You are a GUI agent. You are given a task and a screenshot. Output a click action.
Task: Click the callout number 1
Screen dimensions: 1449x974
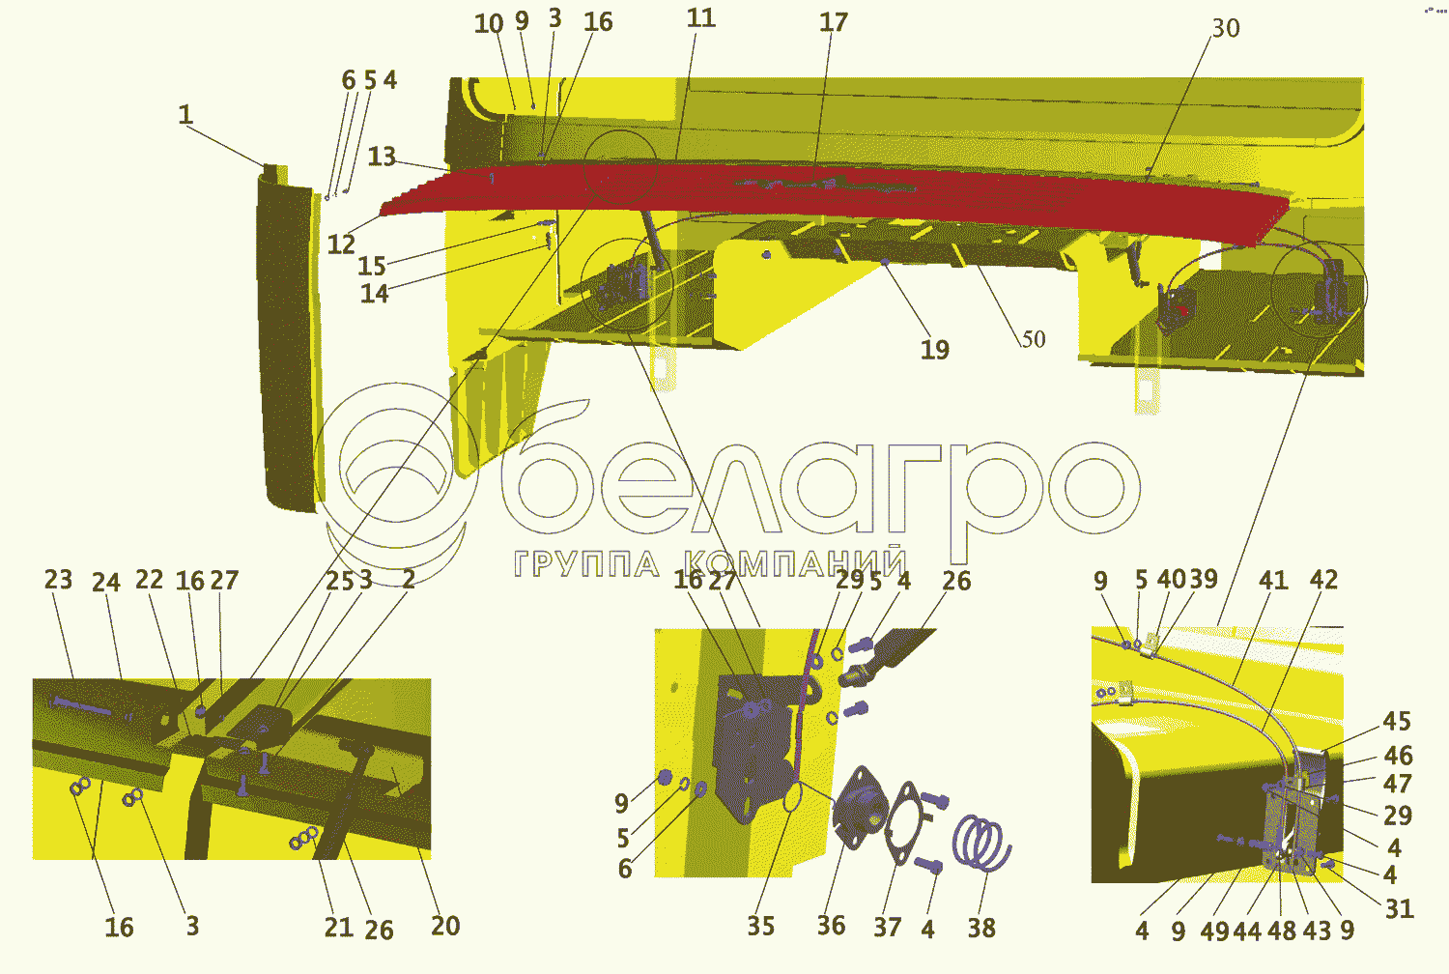point(185,114)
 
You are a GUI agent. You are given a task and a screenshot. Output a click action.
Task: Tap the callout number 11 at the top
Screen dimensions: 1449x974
point(700,18)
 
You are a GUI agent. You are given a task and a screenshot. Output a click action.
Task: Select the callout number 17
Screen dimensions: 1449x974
point(833,22)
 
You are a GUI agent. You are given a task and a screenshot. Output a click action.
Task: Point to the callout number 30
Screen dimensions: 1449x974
point(1225,29)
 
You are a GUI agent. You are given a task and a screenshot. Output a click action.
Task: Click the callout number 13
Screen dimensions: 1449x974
point(382,157)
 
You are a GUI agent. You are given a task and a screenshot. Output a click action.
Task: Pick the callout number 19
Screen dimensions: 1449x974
point(934,350)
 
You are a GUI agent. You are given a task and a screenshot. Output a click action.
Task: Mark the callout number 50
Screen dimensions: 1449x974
point(1033,339)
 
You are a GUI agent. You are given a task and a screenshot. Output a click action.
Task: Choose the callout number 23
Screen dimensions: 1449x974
point(58,580)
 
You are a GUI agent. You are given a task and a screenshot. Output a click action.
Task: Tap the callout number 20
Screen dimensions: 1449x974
point(444,926)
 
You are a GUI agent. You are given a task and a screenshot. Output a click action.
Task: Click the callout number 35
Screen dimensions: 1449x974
point(760,926)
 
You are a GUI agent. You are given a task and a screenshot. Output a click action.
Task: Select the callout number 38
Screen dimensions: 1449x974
point(981,928)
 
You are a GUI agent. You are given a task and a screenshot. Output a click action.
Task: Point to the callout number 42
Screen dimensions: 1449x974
point(1323,580)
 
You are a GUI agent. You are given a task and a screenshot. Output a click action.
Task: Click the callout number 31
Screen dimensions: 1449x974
point(1399,908)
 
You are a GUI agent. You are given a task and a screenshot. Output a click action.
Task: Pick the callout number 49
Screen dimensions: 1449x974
point(1214,931)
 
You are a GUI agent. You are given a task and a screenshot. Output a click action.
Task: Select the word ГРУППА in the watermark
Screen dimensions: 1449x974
point(585,564)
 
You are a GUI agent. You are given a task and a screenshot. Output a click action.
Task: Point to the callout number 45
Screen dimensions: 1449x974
point(1397,722)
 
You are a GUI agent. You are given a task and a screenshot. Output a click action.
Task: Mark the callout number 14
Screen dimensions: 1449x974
point(374,294)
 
